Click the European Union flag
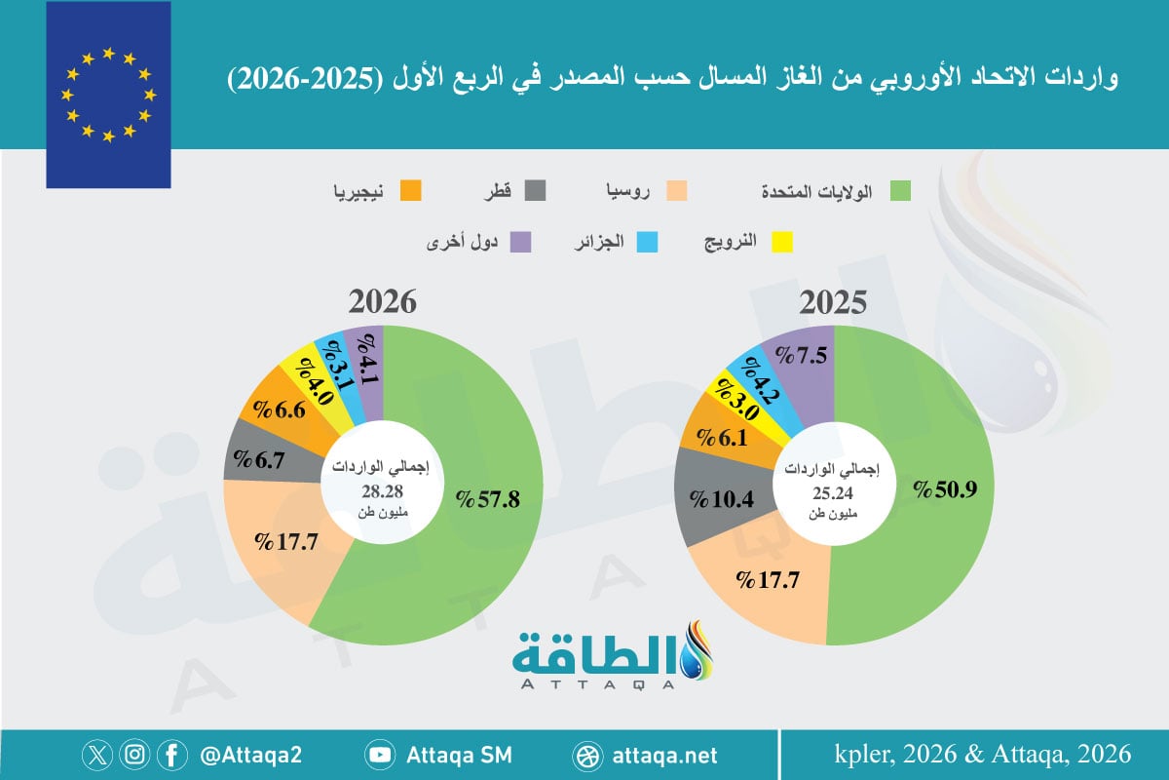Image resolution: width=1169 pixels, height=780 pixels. point(108,95)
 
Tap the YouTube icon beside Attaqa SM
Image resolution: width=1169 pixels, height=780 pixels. point(380,755)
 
